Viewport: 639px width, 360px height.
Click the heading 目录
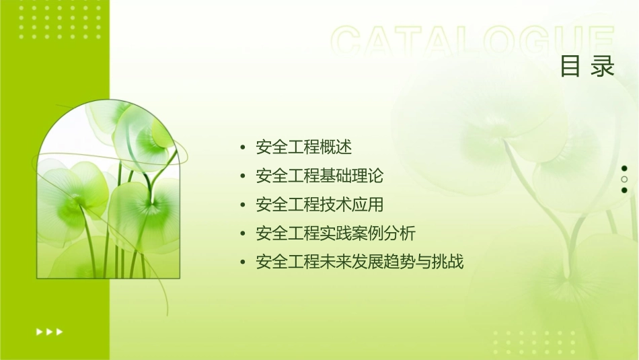pos(587,67)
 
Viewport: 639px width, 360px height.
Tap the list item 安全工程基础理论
pos(319,176)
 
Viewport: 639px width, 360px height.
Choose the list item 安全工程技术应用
pos(319,205)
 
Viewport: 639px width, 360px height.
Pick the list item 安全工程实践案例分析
pos(336,233)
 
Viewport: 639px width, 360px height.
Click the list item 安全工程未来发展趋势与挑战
pos(360,262)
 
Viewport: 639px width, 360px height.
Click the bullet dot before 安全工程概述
pos(243,147)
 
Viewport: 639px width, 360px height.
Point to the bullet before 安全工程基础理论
pos(243,176)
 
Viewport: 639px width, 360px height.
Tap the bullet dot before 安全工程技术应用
pos(243,205)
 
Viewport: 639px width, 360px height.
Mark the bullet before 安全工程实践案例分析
pos(243,234)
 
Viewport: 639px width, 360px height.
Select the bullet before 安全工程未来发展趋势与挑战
pos(243,262)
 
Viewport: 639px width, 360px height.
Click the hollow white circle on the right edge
pos(624,179)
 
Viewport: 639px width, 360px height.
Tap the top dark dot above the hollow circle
pos(624,168)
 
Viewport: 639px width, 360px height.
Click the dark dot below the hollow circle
pos(624,190)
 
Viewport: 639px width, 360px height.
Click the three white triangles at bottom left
pos(49,331)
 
